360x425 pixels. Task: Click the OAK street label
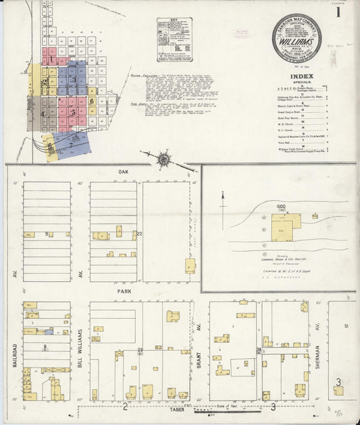click(x=122, y=172)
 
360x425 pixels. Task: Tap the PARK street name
click(x=123, y=291)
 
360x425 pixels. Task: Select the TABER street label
click(x=177, y=409)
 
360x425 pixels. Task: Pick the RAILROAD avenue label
click(x=14, y=349)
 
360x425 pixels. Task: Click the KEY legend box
click(x=174, y=39)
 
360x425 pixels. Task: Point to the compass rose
click(x=163, y=160)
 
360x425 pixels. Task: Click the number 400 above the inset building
click(x=281, y=206)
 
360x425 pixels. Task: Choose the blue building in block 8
click(x=49, y=332)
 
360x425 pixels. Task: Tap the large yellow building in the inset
click(x=286, y=227)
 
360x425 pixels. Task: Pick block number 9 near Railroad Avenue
click(x=47, y=234)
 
